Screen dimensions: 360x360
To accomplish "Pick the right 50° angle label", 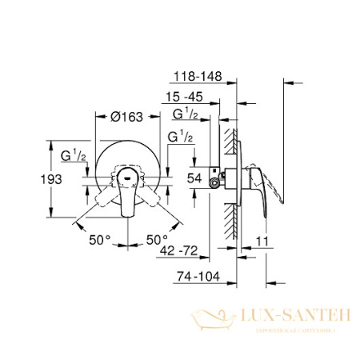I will (157, 239).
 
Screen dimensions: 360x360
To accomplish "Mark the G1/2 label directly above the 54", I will (180, 138).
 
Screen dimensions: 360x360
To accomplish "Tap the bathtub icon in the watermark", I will (209, 321).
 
